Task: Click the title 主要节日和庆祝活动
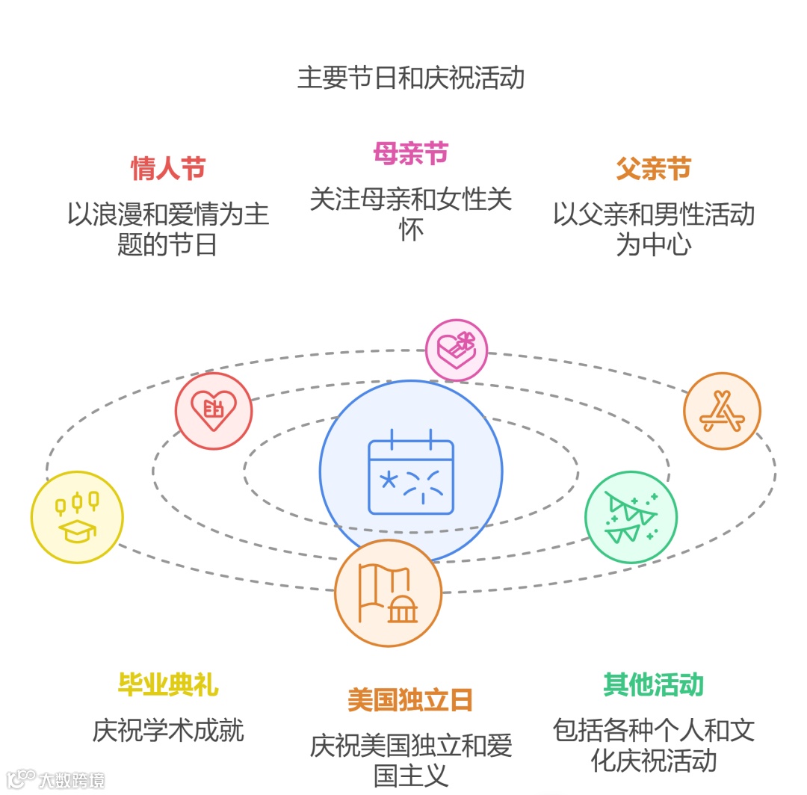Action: click(410, 78)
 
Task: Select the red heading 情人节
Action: click(168, 168)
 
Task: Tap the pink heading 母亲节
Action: click(410, 153)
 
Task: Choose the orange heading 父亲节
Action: click(653, 168)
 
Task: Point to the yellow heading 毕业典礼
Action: click(168, 684)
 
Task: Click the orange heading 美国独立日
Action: click(410, 700)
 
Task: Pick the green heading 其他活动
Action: click(653, 684)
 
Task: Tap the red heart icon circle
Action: click(214, 410)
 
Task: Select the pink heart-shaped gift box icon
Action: click(456, 350)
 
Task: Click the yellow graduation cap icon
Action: click(76, 517)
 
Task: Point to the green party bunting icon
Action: click(631, 517)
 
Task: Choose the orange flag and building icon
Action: click(388, 593)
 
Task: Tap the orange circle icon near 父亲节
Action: click(722, 411)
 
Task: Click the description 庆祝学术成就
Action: click(168, 730)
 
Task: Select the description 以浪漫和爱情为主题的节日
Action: click(168, 229)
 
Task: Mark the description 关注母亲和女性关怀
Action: click(410, 214)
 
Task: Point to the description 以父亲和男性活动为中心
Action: click(653, 229)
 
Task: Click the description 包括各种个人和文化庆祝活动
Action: click(653, 745)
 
